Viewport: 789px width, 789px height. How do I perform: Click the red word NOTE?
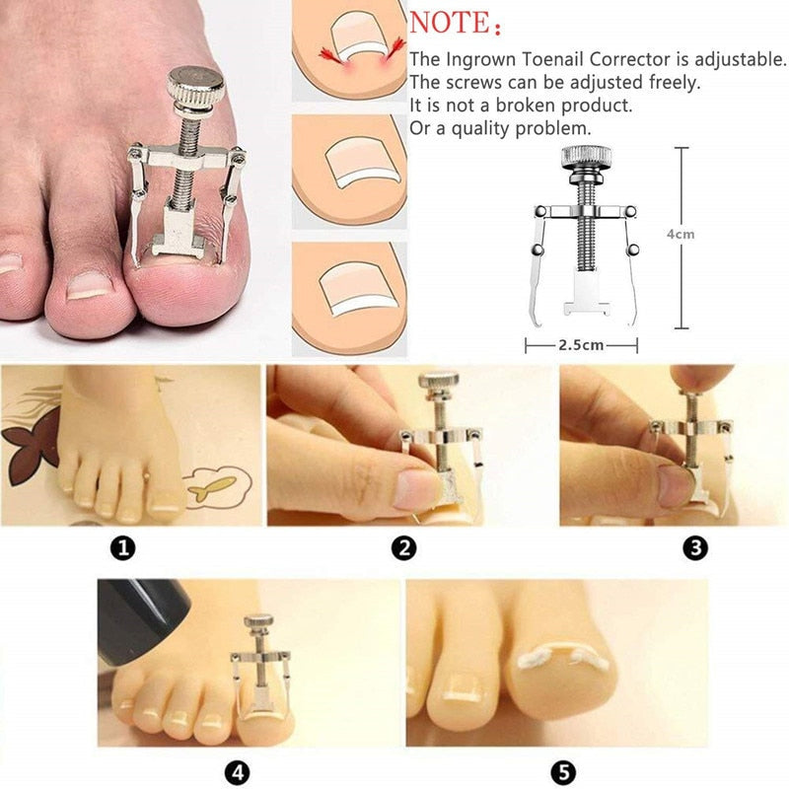[449, 22]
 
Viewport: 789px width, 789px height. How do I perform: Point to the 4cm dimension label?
[680, 235]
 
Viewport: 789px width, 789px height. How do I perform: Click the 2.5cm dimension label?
[580, 346]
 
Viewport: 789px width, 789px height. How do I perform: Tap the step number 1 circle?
[121, 548]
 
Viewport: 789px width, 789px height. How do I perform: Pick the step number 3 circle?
[695, 548]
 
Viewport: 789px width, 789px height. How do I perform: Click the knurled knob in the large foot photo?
[194, 86]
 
